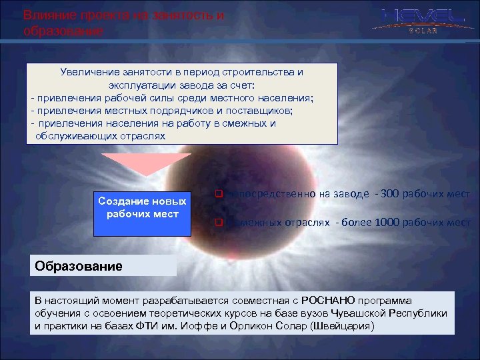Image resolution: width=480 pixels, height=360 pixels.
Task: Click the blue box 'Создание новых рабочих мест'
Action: pos(142,207)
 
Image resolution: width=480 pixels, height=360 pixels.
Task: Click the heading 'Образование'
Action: pos(79,267)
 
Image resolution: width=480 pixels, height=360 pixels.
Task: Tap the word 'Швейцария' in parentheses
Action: pos(346,326)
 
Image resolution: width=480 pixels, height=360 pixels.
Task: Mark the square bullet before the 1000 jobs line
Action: pos(217,223)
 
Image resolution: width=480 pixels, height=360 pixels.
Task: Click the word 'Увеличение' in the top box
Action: pos(86,71)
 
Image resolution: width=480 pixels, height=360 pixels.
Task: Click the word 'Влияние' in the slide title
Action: pos(45,15)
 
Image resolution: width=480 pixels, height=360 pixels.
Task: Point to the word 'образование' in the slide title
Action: pos(63,31)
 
